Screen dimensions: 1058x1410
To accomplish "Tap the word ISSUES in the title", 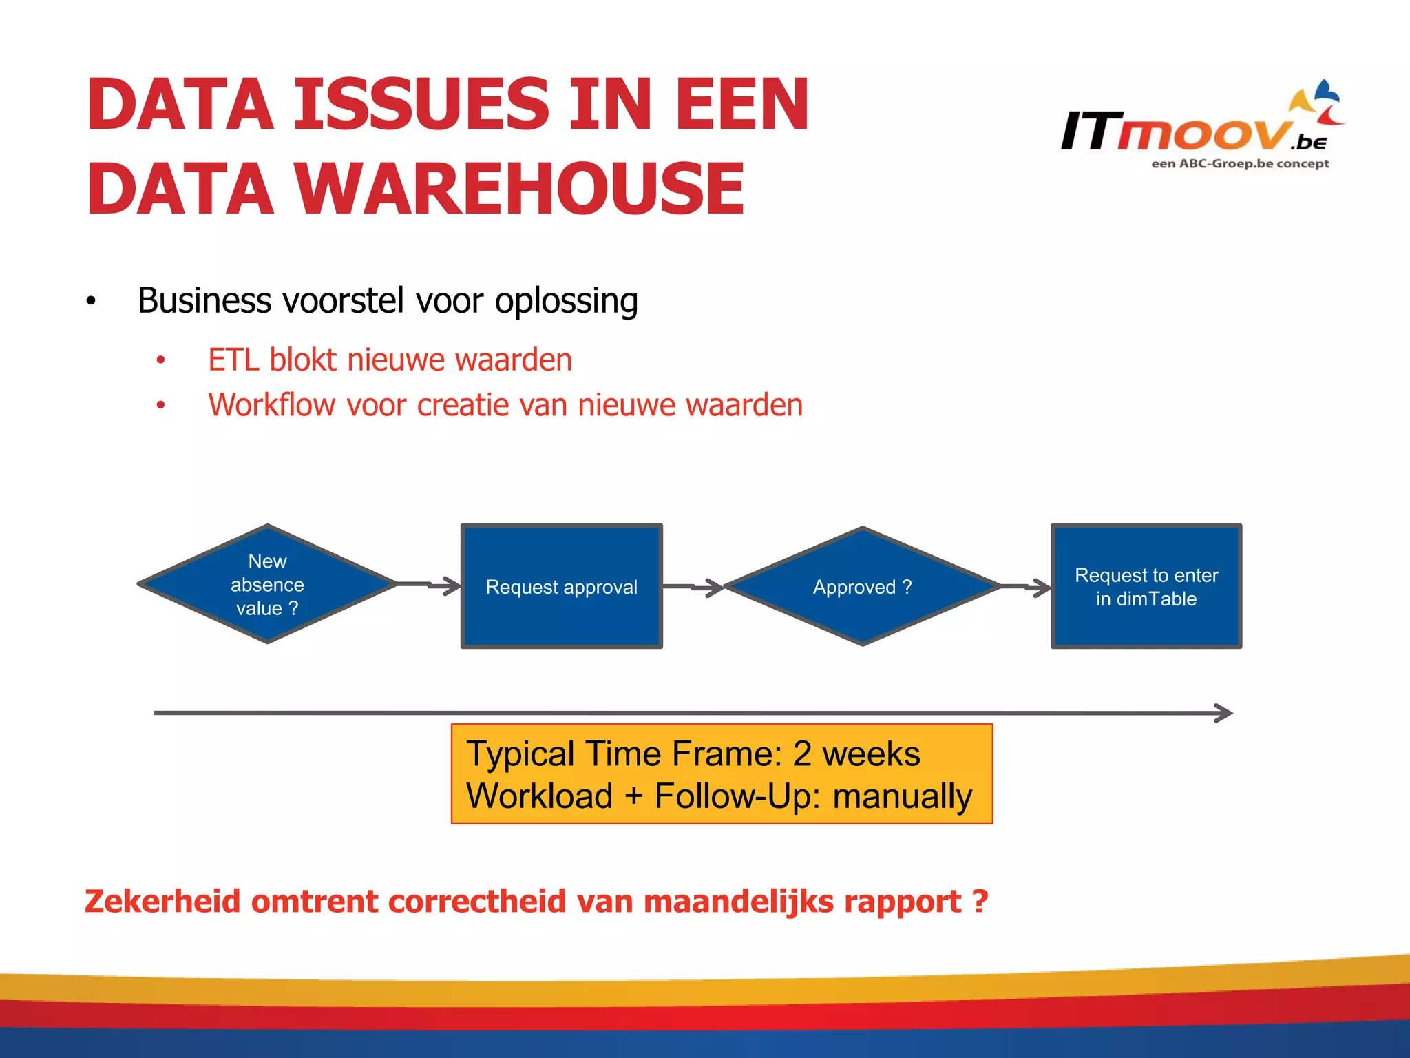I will [x=421, y=105].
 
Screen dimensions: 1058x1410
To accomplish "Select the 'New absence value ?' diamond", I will [x=267, y=584].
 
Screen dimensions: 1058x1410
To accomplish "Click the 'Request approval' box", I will [x=561, y=586].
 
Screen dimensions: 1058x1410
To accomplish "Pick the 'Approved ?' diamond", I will [x=862, y=586].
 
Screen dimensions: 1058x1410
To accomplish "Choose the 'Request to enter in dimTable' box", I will [x=1146, y=586].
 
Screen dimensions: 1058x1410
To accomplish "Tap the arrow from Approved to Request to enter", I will [x=1027, y=587].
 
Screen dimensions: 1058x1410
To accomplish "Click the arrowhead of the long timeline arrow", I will [x=1223, y=713].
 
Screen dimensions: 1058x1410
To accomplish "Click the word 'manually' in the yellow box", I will [x=902, y=796].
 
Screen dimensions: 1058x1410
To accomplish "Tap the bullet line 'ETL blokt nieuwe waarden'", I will [x=390, y=360].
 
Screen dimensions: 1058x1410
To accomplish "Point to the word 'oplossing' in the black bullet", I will [x=566, y=302].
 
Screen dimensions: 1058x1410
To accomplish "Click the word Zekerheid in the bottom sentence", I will [x=162, y=902].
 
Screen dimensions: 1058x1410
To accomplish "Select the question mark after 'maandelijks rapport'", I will [x=980, y=902].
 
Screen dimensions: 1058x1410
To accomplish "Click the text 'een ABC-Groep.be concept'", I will [x=1240, y=164].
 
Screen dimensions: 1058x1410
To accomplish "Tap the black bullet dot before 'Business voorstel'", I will [x=91, y=302].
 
